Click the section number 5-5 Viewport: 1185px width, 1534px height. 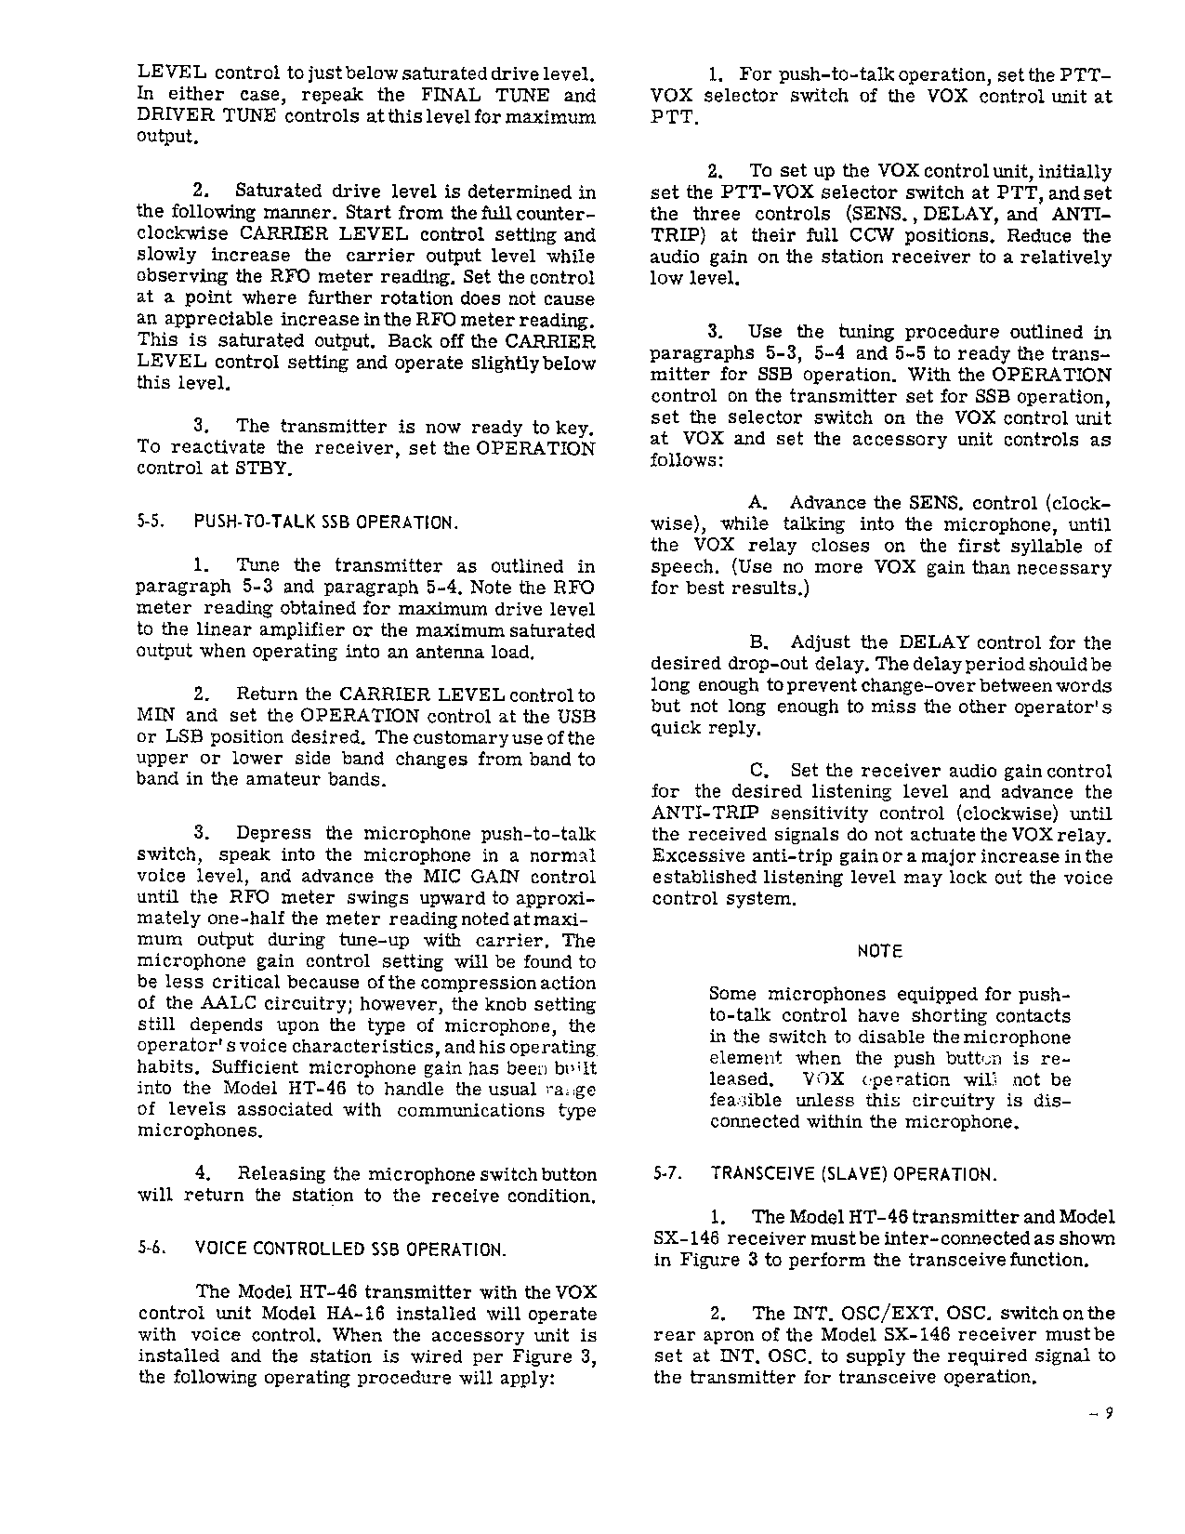pyautogui.click(x=151, y=522)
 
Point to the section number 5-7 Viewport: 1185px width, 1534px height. pyautogui.click(x=668, y=1174)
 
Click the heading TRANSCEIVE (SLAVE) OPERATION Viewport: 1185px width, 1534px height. pyautogui.click(x=853, y=1174)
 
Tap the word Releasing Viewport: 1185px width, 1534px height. pyautogui.click(x=282, y=1174)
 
